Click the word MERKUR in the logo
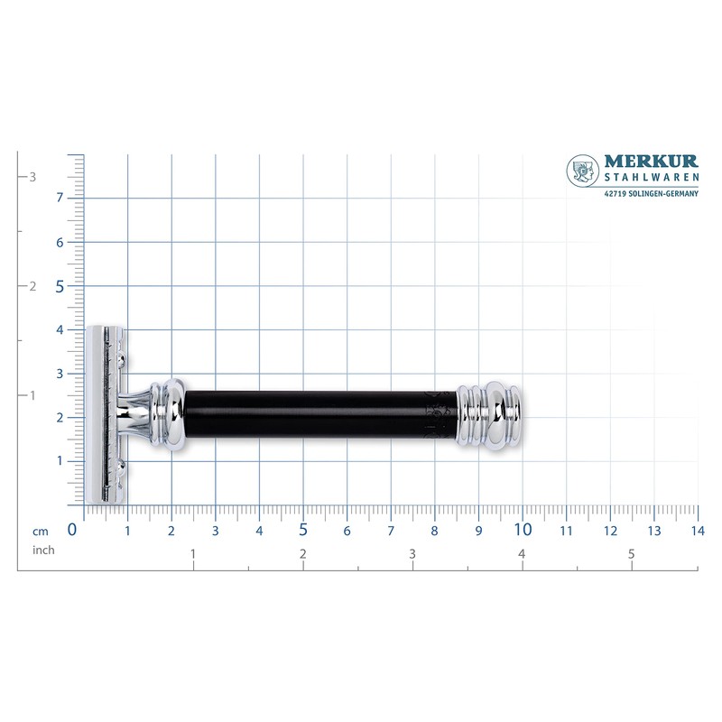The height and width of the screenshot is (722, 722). (652, 162)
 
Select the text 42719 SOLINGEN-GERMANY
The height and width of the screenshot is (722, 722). (651, 191)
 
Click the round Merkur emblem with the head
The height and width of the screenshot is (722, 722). (583, 172)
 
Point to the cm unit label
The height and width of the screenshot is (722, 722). (41, 531)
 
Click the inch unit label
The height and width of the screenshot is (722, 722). (44, 550)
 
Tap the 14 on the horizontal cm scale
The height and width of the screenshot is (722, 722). (695, 530)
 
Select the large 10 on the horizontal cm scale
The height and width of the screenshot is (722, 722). (522, 529)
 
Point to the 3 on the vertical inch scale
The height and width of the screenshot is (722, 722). (32, 177)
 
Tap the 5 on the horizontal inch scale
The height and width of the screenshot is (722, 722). (632, 553)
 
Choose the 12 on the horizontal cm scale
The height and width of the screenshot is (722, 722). (609, 530)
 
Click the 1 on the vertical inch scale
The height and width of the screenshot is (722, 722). (32, 395)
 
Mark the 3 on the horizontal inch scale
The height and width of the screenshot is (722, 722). (412, 553)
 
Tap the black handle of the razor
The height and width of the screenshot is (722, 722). (316, 414)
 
